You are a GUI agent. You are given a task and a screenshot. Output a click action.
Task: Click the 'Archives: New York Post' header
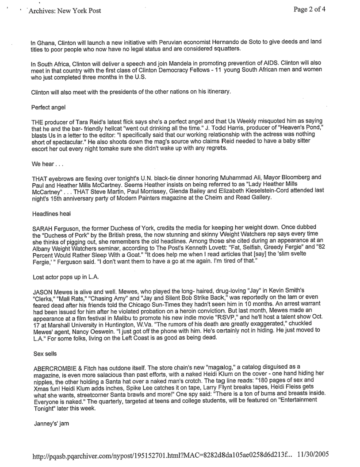click(65, 11)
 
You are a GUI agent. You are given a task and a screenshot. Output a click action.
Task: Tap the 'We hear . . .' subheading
click(43, 164)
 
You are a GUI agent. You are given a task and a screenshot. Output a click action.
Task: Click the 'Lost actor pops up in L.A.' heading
click(64, 277)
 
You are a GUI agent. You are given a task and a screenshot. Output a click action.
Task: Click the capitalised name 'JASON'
click(42, 291)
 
